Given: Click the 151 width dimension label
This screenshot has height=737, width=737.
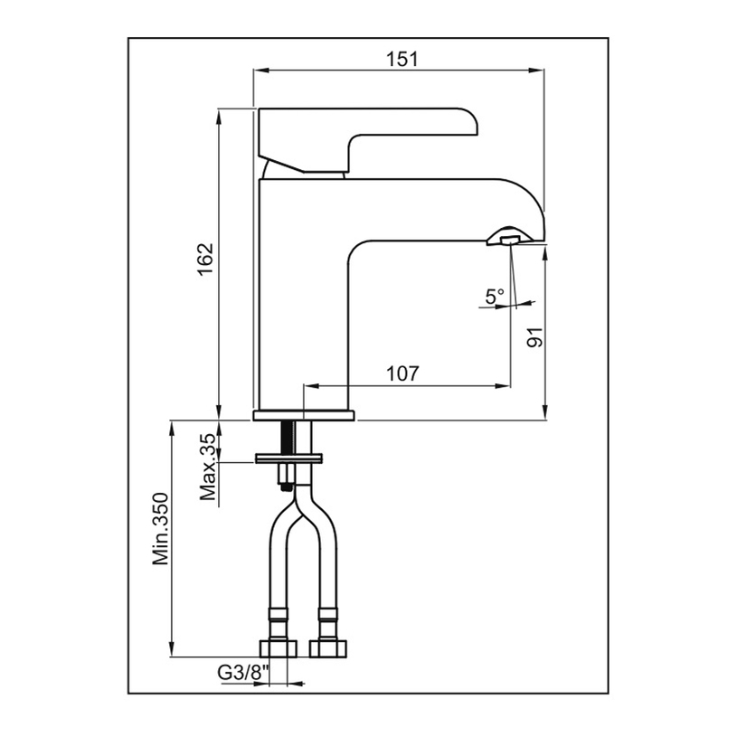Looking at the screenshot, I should point(401,59).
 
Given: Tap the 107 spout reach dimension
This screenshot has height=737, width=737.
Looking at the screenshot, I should point(402,373).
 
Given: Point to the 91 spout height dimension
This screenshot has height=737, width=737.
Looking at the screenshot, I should point(534,336).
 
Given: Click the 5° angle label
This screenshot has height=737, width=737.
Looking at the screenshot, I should point(494,296).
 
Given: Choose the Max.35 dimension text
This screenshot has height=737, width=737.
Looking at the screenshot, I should point(206,467).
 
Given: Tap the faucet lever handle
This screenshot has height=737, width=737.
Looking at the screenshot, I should point(362,136).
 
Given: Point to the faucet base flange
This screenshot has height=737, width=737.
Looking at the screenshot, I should point(305,416).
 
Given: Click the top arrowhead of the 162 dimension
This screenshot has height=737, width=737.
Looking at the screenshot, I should point(220,114).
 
